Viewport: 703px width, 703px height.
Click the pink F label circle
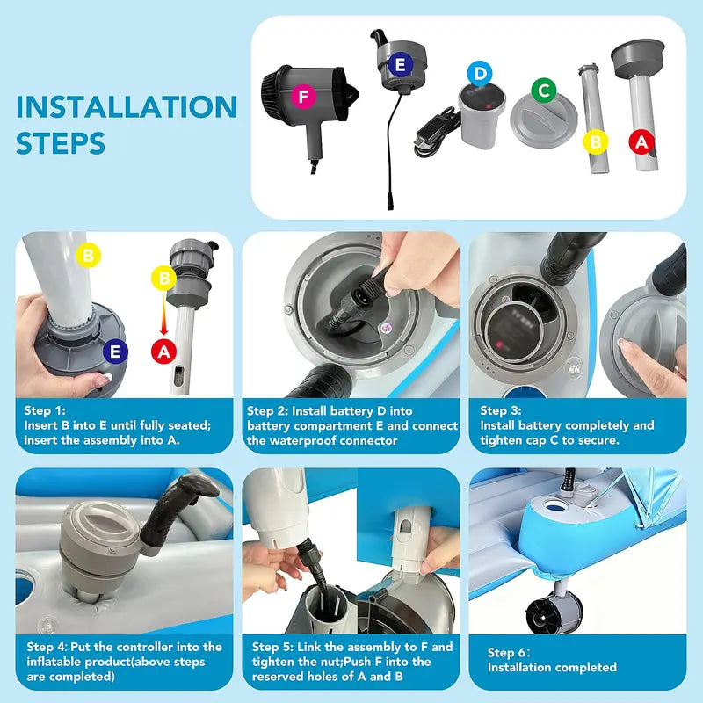[x=303, y=97]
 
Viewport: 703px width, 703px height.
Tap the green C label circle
[x=543, y=91]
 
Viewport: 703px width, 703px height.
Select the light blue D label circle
[x=479, y=74]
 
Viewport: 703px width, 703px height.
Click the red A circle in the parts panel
[x=641, y=142]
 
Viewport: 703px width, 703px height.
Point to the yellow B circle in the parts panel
[x=596, y=142]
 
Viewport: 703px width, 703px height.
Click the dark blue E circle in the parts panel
[x=401, y=64]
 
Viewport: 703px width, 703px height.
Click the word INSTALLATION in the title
[x=127, y=106]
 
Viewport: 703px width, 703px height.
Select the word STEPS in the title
[x=61, y=143]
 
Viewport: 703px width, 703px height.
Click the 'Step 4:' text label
[x=47, y=647]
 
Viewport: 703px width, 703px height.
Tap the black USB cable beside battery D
[x=438, y=133]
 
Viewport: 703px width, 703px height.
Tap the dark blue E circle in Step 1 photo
[x=115, y=351]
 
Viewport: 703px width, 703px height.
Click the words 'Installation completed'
[x=552, y=667]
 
